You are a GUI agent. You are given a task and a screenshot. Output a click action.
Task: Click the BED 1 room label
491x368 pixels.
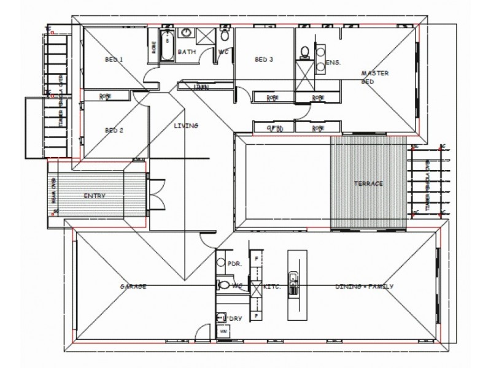click(x=114, y=59)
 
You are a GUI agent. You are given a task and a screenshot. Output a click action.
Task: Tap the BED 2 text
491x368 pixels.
click(x=114, y=130)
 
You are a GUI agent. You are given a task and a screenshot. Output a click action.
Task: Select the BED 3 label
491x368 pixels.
click(x=264, y=59)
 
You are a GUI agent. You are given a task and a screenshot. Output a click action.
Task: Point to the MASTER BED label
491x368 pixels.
click(x=372, y=77)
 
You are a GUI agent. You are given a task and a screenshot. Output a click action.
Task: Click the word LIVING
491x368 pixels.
click(x=186, y=126)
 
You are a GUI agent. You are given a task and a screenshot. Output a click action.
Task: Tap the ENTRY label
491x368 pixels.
click(x=94, y=196)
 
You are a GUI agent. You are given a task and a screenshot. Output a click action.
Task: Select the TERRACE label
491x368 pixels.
click(x=368, y=183)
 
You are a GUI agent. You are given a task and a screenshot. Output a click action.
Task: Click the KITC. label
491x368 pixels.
click(x=272, y=286)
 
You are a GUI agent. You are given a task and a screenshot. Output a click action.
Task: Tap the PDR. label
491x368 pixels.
click(x=234, y=264)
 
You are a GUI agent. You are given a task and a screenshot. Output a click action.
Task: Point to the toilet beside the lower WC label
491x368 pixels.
click(x=223, y=285)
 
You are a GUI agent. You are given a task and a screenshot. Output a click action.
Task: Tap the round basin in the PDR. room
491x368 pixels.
click(x=221, y=263)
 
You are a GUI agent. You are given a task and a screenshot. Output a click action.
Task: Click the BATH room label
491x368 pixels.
click(x=187, y=52)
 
